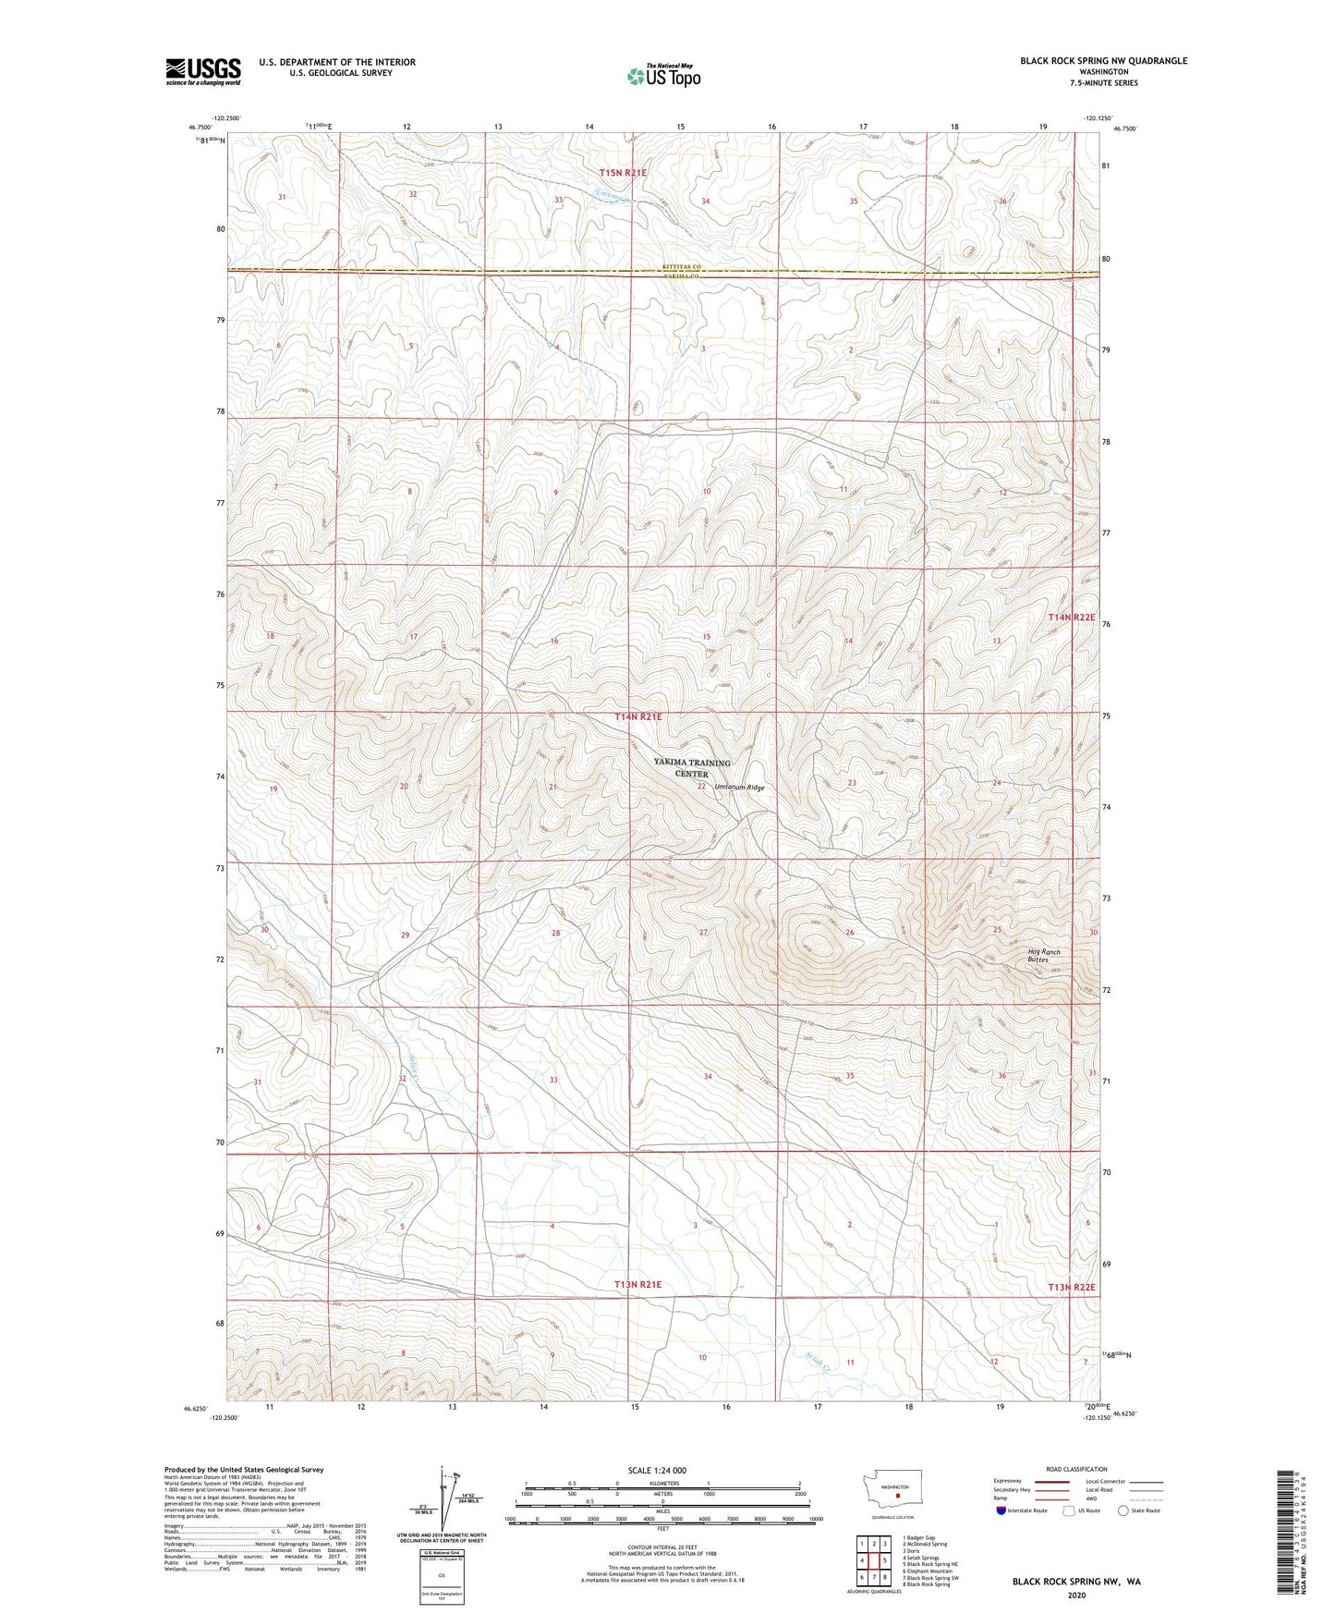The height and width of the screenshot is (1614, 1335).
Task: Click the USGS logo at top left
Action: coord(203,70)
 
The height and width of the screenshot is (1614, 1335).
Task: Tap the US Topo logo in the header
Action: coord(662,76)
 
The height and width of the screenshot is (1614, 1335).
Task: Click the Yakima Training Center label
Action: coord(691,768)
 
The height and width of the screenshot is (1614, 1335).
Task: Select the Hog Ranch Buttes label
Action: coord(1043,956)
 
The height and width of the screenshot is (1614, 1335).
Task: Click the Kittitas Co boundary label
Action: coord(681,267)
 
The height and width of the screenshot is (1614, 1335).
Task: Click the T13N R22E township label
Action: coord(1071,1287)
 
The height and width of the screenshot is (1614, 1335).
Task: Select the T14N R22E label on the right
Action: coord(1071,617)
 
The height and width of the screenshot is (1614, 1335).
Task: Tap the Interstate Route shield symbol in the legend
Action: coord(1001,1535)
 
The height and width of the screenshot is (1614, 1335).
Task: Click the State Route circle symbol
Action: coord(1123,1535)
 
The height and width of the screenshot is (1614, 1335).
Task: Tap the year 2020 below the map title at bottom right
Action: coord(1076,1595)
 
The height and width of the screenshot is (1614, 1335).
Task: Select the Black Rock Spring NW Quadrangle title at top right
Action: coord(1103,61)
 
